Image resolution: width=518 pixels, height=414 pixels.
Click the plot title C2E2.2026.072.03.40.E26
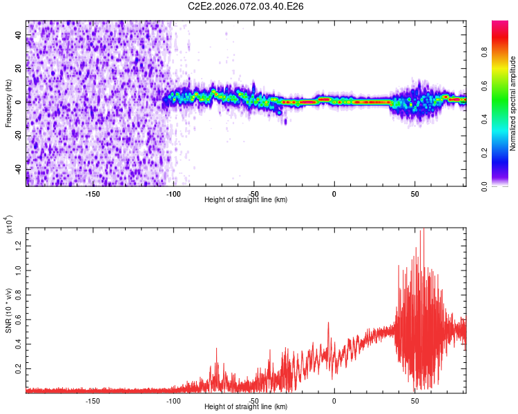coord(247,6)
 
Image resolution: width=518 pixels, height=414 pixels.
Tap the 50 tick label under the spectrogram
coord(414,193)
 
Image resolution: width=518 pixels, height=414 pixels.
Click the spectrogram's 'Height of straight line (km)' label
coord(246,200)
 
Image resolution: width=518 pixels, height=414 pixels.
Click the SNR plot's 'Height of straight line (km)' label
coord(246,407)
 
